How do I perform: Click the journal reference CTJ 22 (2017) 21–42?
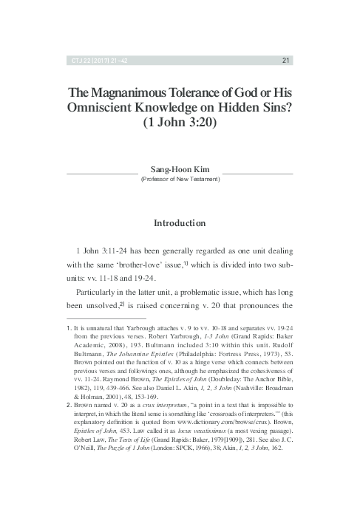tap(92, 61)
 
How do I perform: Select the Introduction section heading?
tap(180, 222)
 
